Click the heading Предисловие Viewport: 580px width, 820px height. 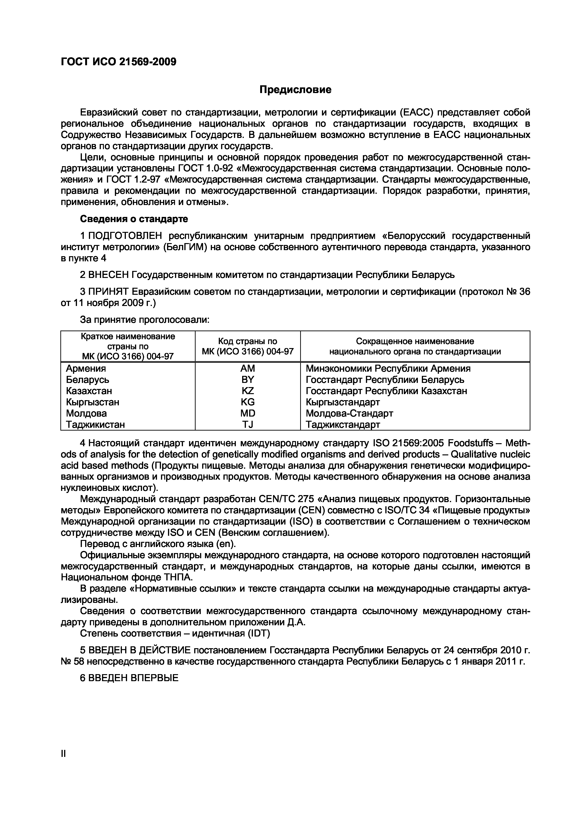point(295,89)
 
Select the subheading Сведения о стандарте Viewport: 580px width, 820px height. point(134,218)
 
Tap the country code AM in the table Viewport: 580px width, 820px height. point(248,368)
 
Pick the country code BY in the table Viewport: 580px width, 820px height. point(248,379)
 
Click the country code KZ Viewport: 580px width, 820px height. point(248,391)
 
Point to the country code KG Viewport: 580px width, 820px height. point(248,402)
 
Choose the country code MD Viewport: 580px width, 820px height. point(248,413)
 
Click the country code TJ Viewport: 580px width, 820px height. point(248,424)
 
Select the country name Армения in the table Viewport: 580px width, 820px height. point(86,368)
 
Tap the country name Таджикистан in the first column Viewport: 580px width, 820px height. point(95,424)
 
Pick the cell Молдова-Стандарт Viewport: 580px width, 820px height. point(349,413)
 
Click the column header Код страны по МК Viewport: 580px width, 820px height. point(248,346)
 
